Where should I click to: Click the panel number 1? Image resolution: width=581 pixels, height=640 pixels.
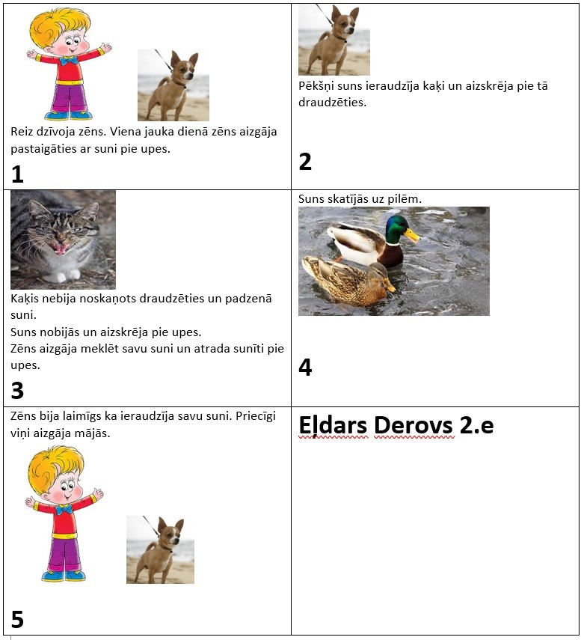tap(17, 174)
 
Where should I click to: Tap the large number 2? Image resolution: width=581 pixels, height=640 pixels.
tap(305, 162)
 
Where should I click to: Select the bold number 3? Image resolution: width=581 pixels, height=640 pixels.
tap(17, 390)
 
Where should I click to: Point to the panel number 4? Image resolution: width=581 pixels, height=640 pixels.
tap(305, 367)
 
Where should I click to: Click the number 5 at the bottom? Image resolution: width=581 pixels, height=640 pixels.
tap(17, 619)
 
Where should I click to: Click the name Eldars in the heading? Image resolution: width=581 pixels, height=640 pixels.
tap(333, 425)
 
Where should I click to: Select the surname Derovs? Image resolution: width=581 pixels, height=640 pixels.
tap(414, 425)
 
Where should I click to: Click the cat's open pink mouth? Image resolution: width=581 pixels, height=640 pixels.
tap(61, 247)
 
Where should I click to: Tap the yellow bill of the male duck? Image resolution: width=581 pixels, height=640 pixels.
tap(413, 236)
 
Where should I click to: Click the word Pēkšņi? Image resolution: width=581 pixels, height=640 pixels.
tap(316, 87)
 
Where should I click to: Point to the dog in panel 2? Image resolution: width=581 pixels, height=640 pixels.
tap(333, 40)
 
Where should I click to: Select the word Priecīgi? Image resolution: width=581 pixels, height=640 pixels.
tap(256, 417)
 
